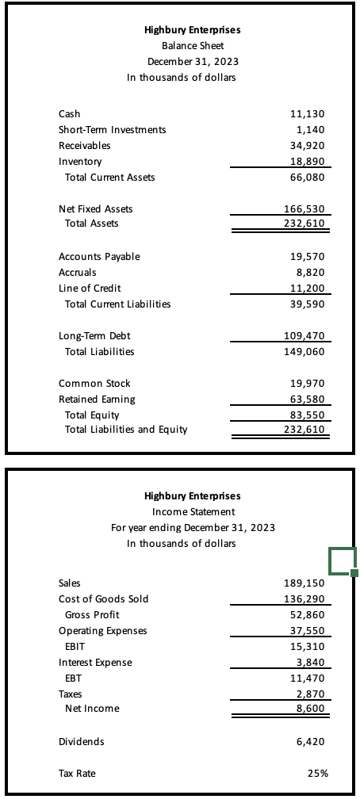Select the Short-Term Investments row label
112,130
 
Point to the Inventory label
80,162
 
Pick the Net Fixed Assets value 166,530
305,209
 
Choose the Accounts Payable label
99,257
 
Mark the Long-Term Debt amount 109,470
305,336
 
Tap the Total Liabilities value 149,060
305,352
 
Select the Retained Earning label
97,399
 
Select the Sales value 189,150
305,583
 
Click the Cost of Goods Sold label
103,599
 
